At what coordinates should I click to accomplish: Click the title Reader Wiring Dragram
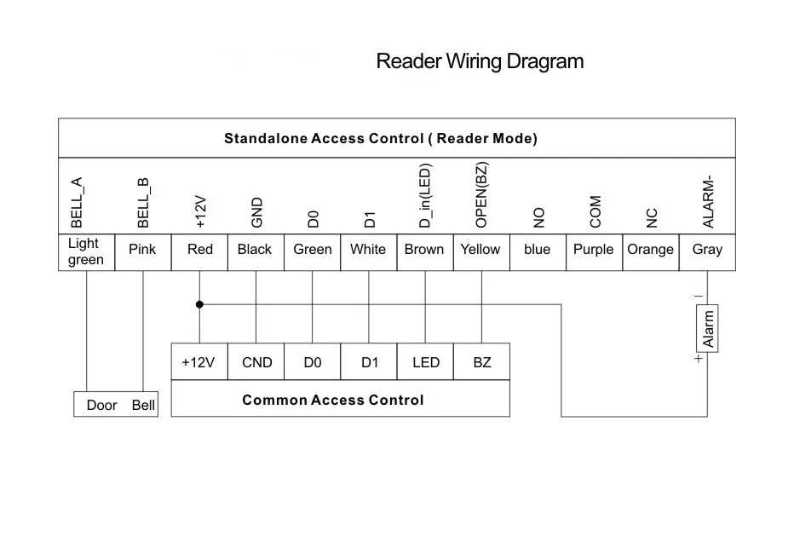point(480,61)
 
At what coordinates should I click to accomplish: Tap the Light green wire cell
point(87,252)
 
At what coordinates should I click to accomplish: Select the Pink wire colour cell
point(143,252)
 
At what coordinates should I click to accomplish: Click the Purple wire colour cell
point(594,252)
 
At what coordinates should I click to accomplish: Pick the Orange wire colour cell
point(651,252)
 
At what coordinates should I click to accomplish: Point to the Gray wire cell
point(707,252)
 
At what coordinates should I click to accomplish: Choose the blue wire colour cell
point(538,252)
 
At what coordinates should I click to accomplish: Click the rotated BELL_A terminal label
point(77,203)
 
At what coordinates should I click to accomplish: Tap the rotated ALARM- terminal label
point(708,202)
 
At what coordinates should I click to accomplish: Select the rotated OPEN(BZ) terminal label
point(481,195)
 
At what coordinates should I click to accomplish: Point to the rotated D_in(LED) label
point(425,195)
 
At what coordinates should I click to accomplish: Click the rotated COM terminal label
point(595,211)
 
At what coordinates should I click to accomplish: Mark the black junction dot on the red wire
point(199,304)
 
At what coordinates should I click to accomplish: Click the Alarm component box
point(707,328)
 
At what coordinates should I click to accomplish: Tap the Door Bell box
point(116,404)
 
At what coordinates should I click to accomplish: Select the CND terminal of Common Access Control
point(256,361)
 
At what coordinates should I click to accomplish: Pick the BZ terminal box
point(481,361)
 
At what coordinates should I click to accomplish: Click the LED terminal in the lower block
point(425,361)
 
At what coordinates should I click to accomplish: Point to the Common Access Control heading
point(333,400)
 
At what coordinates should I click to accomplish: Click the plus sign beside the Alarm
point(699,359)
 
